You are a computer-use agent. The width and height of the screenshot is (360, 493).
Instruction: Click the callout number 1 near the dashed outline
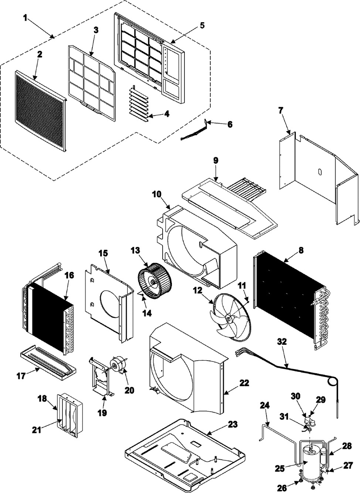pos(26,18)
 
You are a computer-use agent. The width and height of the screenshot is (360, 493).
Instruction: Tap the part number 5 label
pos(202,25)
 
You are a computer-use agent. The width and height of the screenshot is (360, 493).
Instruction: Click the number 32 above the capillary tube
pos(282,342)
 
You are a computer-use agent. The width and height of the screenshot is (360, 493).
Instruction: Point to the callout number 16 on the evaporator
pos(69,275)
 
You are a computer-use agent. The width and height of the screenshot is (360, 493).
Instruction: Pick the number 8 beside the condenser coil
pos(301,250)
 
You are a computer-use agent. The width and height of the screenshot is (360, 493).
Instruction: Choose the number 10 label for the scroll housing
pos(156,194)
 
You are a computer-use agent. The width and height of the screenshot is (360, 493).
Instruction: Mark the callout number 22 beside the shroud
pos(244,383)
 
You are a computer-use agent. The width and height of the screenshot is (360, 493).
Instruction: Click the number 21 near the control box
pos(37,430)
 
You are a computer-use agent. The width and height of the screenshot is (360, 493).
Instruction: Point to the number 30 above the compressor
pos(296,396)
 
